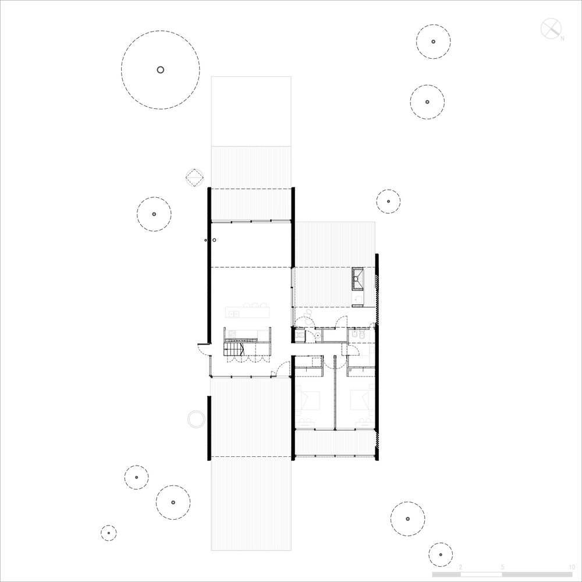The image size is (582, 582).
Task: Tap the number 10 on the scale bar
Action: (x=572, y=566)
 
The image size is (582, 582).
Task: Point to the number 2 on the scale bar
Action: (x=461, y=566)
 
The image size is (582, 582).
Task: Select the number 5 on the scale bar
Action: (x=502, y=566)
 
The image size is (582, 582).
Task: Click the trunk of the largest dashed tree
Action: (x=161, y=70)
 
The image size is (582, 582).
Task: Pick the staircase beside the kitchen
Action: (x=233, y=349)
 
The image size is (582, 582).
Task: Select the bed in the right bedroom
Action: (x=361, y=400)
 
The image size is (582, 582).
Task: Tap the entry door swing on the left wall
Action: (x=203, y=349)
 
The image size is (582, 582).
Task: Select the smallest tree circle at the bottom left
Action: (x=108, y=533)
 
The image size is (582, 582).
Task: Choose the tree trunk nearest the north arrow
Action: (x=433, y=42)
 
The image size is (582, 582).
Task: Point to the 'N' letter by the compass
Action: (x=563, y=38)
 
